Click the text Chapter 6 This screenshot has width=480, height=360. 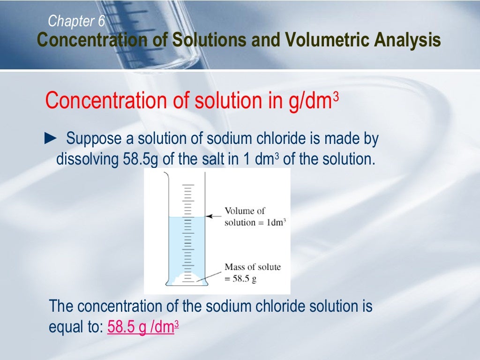coord(76,21)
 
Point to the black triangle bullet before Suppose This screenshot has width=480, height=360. coord(50,138)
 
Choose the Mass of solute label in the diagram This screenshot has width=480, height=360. coord(252,272)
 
